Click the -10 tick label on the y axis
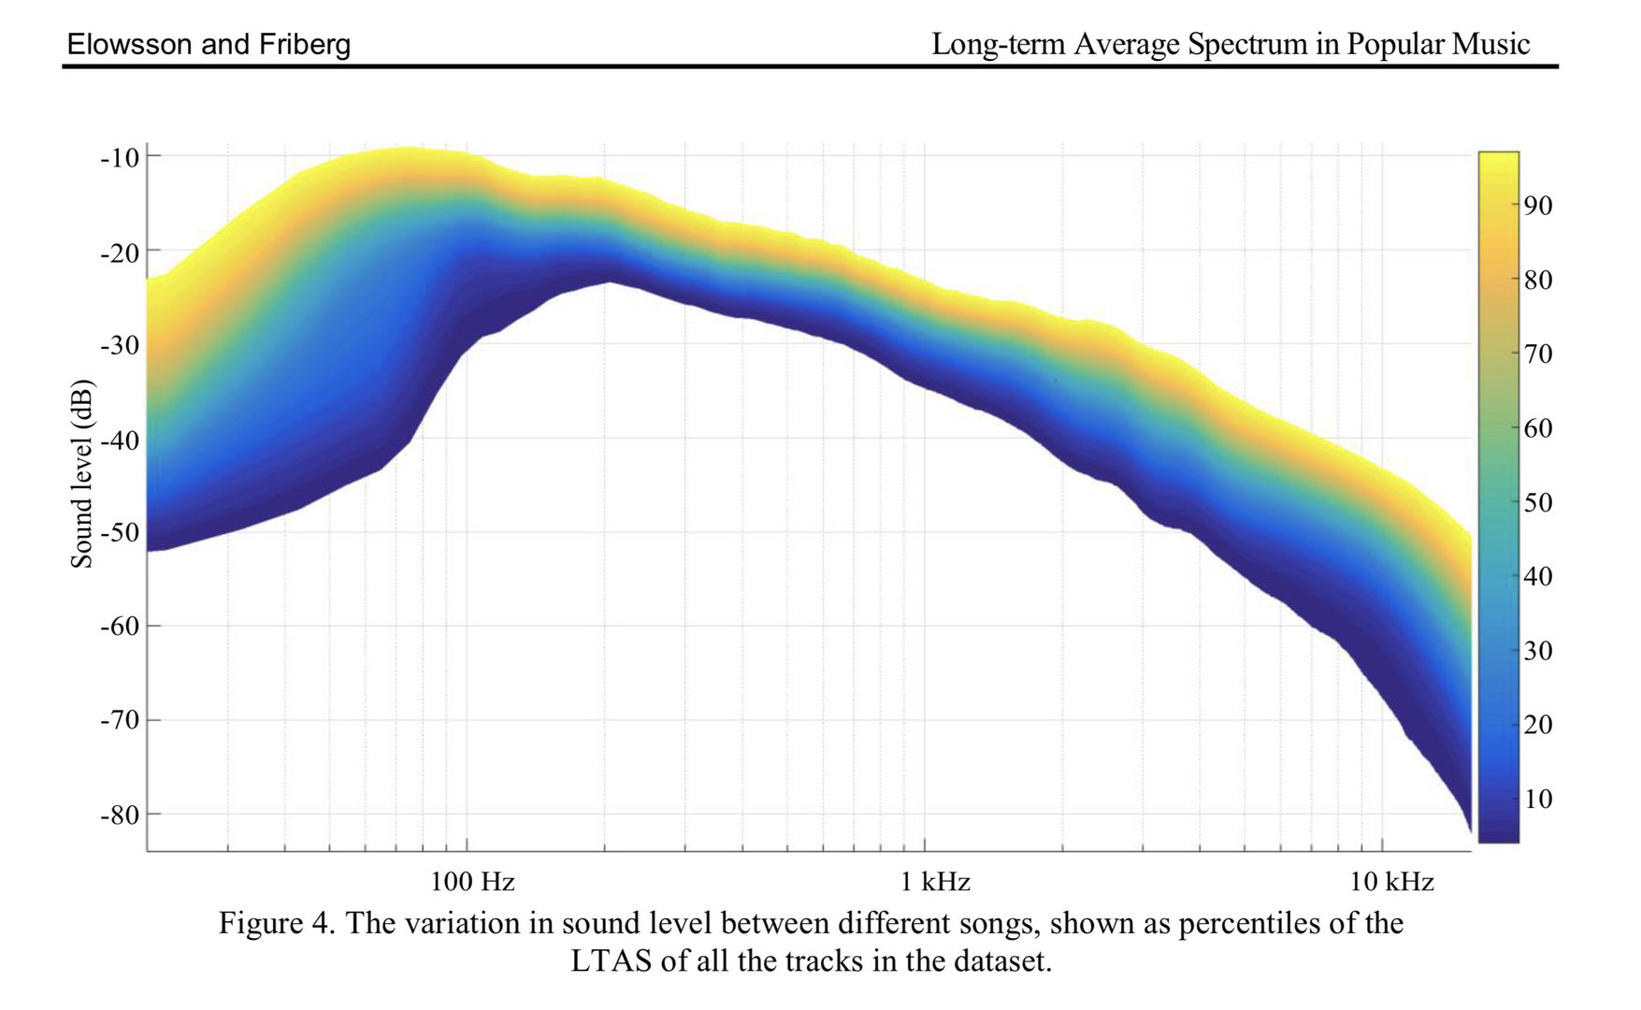click(x=120, y=157)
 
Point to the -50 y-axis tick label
click(x=120, y=532)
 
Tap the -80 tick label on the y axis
click(x=120, y=815)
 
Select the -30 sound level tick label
click(x=120, y=345)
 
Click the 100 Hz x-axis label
click(x=472, y=881)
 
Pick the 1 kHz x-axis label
click(x=935, y=881)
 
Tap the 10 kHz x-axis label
click(x=1391, y=881)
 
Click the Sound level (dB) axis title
click(x=82, y=473)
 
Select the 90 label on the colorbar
click(x=1538, y=206)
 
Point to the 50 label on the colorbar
click(x=1538, y=502)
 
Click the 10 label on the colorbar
click(x=1538, y=799)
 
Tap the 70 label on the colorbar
click(x=1538, y=353)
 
